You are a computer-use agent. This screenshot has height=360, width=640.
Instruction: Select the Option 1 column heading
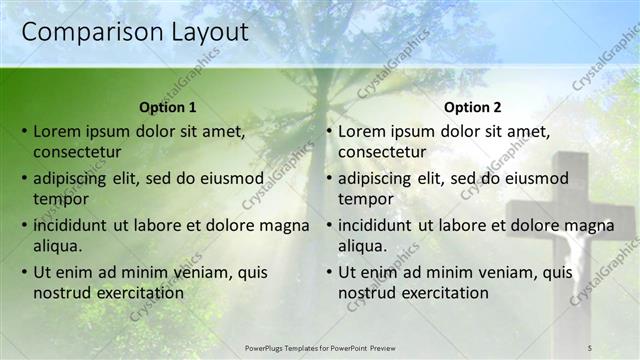click(168, 107)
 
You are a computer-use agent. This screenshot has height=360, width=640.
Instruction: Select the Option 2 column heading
click(473, 107)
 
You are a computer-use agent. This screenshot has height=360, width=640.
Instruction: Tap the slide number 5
click(590, 347)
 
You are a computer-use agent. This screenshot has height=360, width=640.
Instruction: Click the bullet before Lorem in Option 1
click(24, 131)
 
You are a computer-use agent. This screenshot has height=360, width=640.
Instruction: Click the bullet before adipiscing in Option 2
click(329, 178)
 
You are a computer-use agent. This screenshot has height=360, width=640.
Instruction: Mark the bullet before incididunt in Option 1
click(24, 225)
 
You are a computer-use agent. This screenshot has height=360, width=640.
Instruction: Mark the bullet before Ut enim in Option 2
click(329, 272)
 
